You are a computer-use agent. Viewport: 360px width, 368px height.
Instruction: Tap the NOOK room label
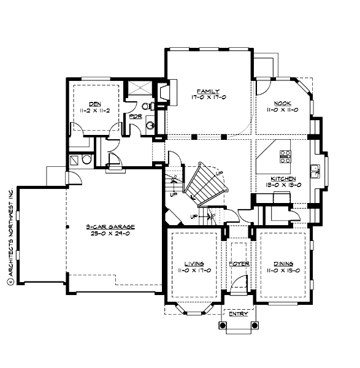(x=282, y=104)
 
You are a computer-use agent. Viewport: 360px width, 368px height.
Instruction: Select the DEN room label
(x=94, y=104)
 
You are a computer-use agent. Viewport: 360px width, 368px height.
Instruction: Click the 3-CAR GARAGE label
(x=110, y=227)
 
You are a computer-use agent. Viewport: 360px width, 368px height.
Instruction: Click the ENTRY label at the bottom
(x=238, y=313)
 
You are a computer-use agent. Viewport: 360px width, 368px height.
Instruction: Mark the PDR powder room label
(x=136, y=117)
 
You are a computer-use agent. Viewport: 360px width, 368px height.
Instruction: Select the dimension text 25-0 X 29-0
(x=110, y=234)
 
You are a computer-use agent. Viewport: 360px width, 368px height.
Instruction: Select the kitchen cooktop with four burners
(x=285, y=156)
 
